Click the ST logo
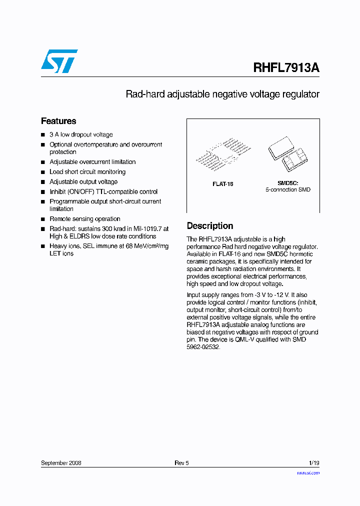pos(59,61)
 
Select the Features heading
pos(58,121)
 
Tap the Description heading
pos(209,226)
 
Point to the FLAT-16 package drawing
pos(222,155)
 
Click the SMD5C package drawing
pos(287,154)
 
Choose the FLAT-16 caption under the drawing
pos(222,184)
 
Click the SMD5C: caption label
pos(287,183)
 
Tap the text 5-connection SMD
pos(287,190)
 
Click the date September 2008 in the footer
pos(61,463)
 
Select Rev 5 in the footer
pos(181,463)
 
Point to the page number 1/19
pos(314,463)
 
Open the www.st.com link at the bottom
pos(308,472)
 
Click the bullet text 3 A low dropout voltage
pos(81,135)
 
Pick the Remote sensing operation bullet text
pos(85,219)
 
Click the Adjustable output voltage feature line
pos(83,182)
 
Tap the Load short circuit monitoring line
pos(87,172)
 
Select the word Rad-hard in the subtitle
pos(142,94)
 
